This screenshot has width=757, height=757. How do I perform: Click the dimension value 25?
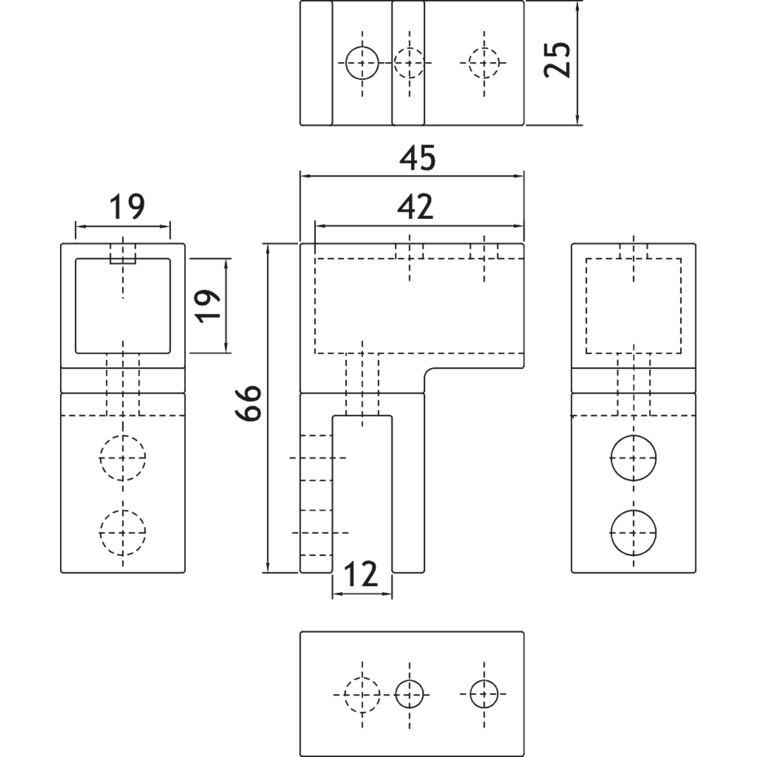(x=557, y=60)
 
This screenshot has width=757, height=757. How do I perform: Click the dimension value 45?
(x=417, y=158)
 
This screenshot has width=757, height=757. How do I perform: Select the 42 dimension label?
(x=415, y=207)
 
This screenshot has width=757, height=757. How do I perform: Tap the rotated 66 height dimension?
(x=248, y=403)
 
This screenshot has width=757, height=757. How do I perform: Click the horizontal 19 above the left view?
(x=127, y=207)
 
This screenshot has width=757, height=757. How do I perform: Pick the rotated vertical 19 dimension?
(x=208, y=306)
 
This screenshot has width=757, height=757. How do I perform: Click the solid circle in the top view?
(x=362, y=63)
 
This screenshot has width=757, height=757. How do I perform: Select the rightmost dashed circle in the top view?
(x=484, y=63)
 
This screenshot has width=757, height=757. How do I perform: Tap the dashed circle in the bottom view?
(x=362, y=694)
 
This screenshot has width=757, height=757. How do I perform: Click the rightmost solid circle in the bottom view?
(x=484, y=694)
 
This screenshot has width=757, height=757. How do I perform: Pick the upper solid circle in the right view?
(x=633, y=458)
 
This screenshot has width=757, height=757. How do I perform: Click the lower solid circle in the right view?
(x=633, y=533)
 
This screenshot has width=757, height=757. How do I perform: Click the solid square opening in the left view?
(x=76, y=306)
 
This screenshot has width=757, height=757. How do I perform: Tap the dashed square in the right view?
(x=586, y=306)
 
